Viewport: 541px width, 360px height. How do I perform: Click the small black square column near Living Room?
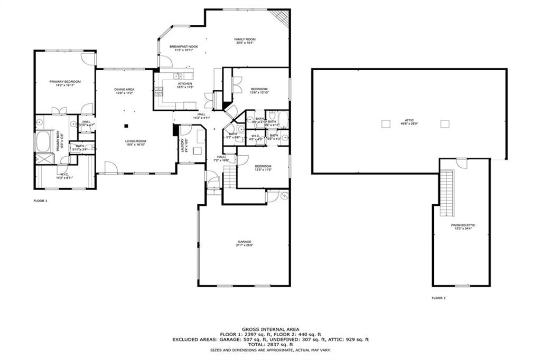coord(126,126)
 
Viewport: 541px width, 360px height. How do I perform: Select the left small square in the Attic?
coord(384,124)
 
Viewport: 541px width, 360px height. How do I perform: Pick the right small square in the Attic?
coord(445,124)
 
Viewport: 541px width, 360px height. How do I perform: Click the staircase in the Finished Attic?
coord(447,193)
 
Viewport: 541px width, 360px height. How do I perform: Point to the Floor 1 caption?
coord(41,201)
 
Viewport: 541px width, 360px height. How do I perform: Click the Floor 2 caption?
coord(439,298)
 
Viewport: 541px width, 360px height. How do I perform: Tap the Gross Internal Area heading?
coord(270,328)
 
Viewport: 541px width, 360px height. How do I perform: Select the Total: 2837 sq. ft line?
coord(270,345)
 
